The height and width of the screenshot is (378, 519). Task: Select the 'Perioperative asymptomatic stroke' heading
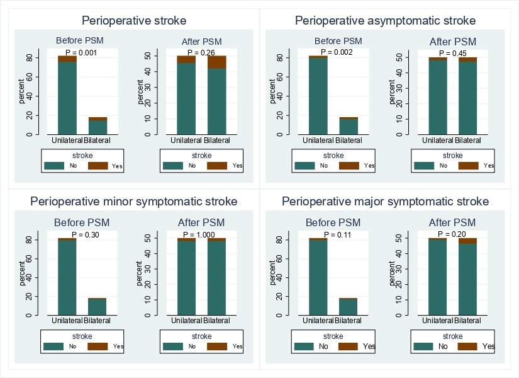tap(386, 21)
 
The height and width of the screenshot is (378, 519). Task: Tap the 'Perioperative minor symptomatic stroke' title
tap(134, 202)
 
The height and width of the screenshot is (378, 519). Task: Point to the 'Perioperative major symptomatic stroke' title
tap(385, 202)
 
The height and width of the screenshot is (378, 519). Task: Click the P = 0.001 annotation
tap(81, 53)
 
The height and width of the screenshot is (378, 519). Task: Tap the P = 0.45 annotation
tap(453, 53)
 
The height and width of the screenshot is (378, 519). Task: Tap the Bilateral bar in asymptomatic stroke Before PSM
tap(349, 126)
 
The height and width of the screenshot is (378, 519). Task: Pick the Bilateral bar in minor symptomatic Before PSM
tap(98, 306)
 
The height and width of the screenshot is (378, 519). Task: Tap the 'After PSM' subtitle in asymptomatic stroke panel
tap(453, 42)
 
